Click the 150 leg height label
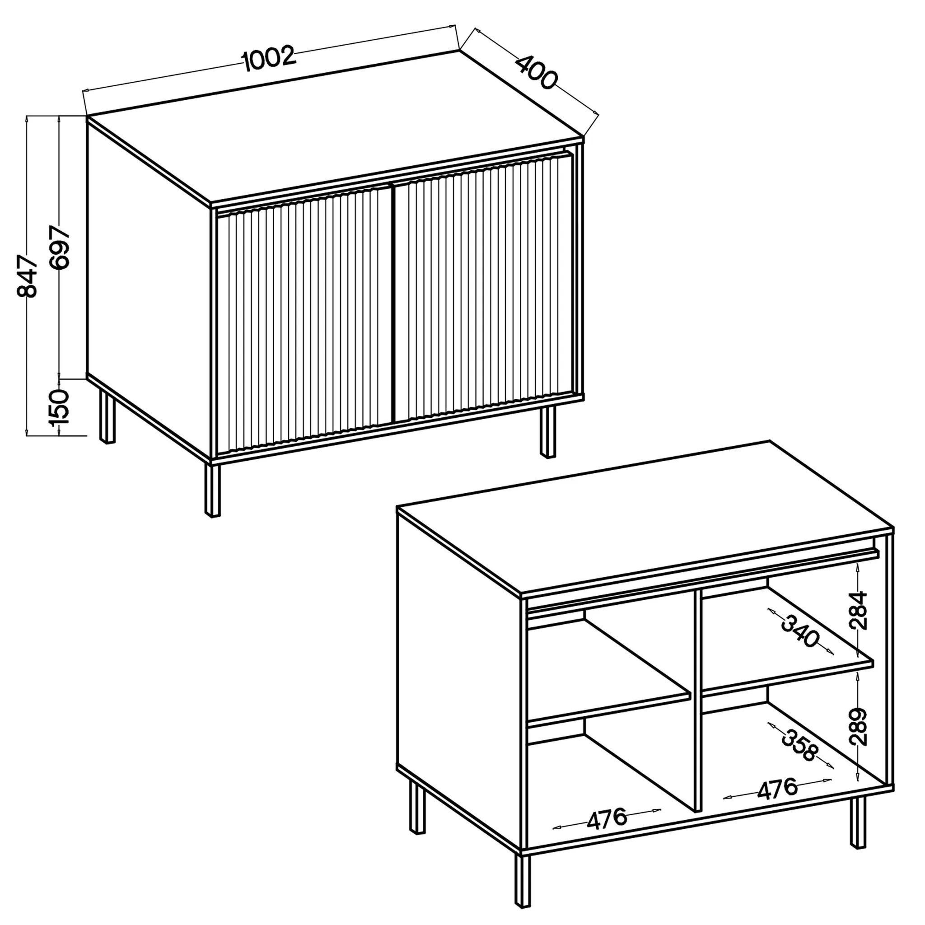(x=60, y=407)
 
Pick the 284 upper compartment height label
(x=858, y=611)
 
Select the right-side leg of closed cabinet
(x=548, y=431)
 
